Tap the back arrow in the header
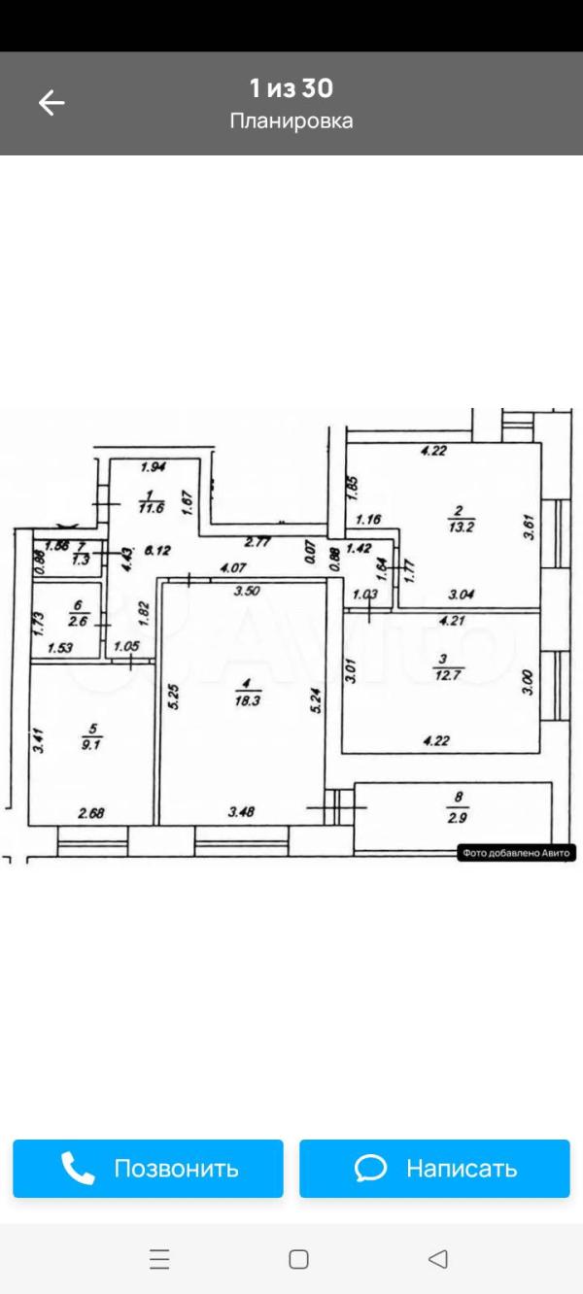[x=51, y=102]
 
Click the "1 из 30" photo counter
[x=291, y=88]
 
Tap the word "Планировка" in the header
[x=291, y=121]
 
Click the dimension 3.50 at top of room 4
[x=249, y=590]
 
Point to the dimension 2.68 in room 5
[x=92, y=814]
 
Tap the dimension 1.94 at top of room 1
[x=155, y=468]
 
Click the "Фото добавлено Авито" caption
[x=517, y=853]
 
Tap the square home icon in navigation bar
[x=298, y=1260]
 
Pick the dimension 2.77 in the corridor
[x=257, y=542]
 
